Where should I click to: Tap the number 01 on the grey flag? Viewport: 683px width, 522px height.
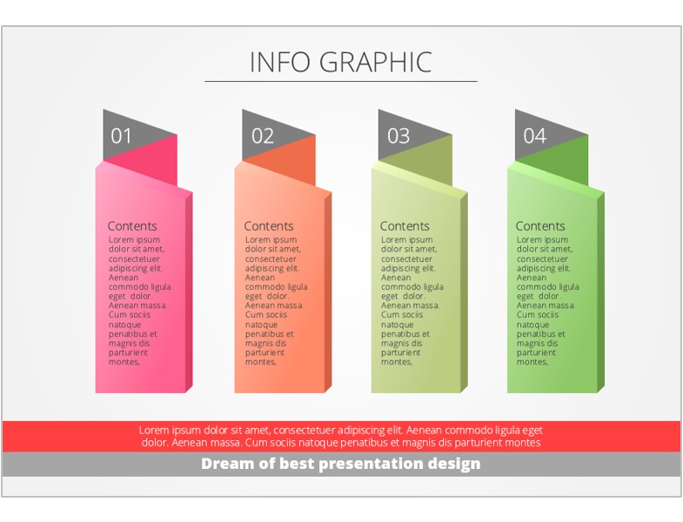point(121,136)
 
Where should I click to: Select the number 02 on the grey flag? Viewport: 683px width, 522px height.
point(262,136)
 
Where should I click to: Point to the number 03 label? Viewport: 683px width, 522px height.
point(398,136)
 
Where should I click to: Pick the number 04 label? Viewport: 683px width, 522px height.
point(534,136)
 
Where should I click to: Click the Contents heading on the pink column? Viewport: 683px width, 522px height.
point(132,226)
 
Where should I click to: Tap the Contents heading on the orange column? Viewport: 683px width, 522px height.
point(268,226)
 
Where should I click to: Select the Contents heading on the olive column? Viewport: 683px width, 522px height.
point(405,226)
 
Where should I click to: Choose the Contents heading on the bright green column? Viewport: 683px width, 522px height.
point(540,226)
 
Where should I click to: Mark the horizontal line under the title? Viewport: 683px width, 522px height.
point(341,81)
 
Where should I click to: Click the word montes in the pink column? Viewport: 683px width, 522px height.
point(124,362)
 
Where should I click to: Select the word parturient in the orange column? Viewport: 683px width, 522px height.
point(264,352)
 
